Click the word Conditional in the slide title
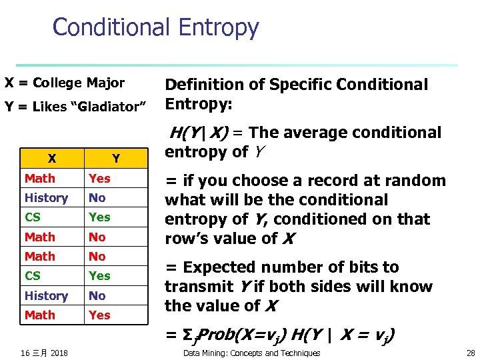[x=110, y=28]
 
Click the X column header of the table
[x=51, y=159]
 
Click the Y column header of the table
[x=116, y=159]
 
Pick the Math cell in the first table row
[x=40, y=179]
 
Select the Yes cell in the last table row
[x=99, y=315]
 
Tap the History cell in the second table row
[x=46, y=198]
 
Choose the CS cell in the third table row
[x=33, y=217]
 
